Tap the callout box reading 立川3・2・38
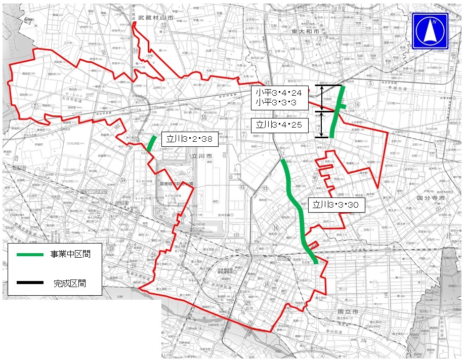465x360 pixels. pyautogui.click(x=183, y=139)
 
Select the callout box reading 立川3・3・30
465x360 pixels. pyautogui.click(x=336, y=205)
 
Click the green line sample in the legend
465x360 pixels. pyautogui.click(x=30, y=254)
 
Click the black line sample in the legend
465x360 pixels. pyautogui.click(x=30, y=283)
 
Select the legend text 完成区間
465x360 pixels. pyautogui.click(x=70, y=283)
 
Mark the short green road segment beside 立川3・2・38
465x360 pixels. pyautogui.click(x=152, y=143)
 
